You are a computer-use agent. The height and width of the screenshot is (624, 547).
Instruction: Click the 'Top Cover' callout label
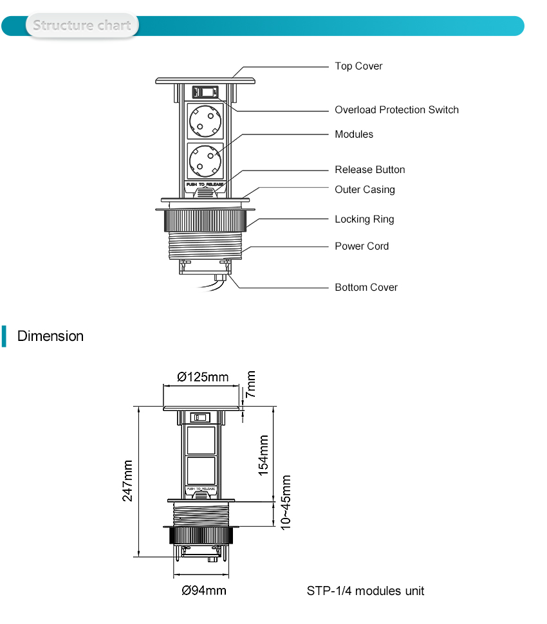point(358,66)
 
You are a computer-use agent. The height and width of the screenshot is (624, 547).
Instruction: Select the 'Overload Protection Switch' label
point(396,110)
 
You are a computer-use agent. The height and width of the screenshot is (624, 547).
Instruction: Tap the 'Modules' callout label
point(354,134)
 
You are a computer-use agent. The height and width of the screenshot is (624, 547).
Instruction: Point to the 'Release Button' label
point(370,170)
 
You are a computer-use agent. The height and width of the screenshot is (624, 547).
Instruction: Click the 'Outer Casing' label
point(365,190)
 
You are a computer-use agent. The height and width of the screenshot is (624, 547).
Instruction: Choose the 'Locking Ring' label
point(364,219)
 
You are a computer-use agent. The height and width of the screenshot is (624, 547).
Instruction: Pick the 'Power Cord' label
point(362,246)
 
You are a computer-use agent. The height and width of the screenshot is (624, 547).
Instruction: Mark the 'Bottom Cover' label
point(366,288)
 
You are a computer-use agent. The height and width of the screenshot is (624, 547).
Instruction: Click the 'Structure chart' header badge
point(82,26)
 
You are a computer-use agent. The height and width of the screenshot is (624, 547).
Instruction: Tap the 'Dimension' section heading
point(50,336)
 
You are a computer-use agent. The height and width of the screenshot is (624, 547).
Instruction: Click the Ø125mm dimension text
point(202,377)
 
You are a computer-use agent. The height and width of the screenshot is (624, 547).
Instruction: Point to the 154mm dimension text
point(264,455)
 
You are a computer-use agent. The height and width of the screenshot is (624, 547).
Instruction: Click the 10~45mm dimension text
point(286,502)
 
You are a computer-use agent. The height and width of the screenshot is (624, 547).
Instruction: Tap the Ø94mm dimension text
point(203,591)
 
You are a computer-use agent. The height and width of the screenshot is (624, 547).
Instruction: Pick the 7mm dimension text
point(251,383)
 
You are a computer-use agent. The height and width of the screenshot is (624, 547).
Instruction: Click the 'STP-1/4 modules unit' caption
point(365,591)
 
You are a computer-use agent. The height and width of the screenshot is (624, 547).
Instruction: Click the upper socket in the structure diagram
point(206,120)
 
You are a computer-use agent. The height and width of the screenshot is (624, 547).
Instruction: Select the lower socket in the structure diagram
point(206,161)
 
